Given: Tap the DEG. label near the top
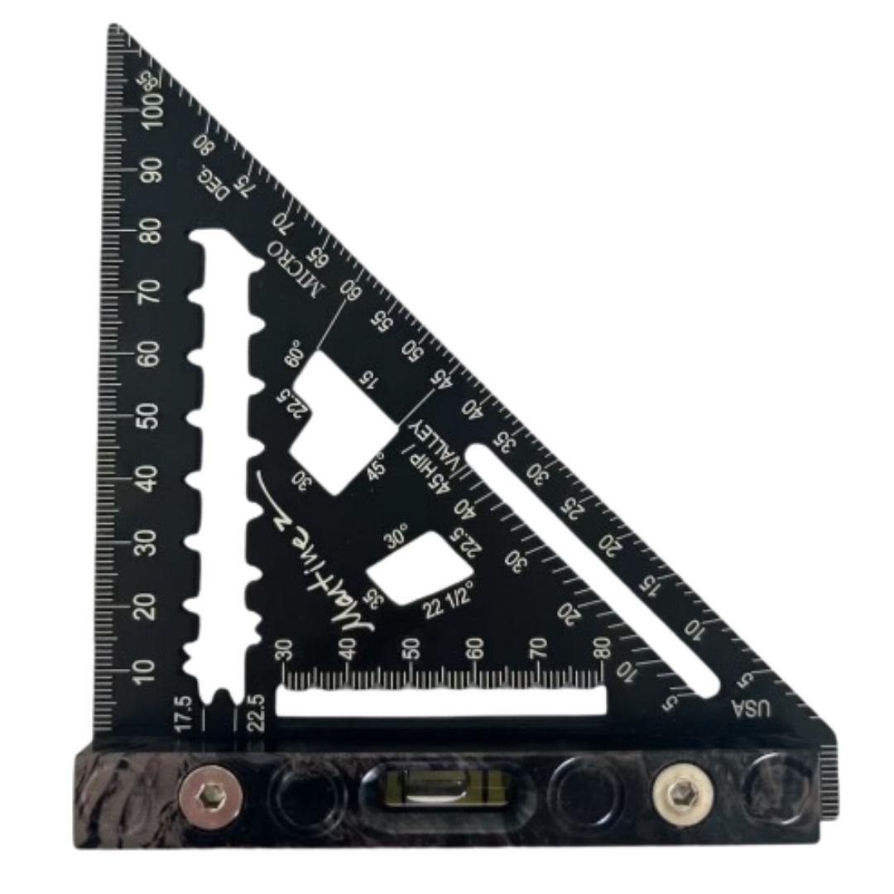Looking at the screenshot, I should click(213, 182).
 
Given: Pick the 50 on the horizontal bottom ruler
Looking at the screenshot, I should click(411, 650).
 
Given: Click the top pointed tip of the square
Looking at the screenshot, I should click(113, 30).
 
